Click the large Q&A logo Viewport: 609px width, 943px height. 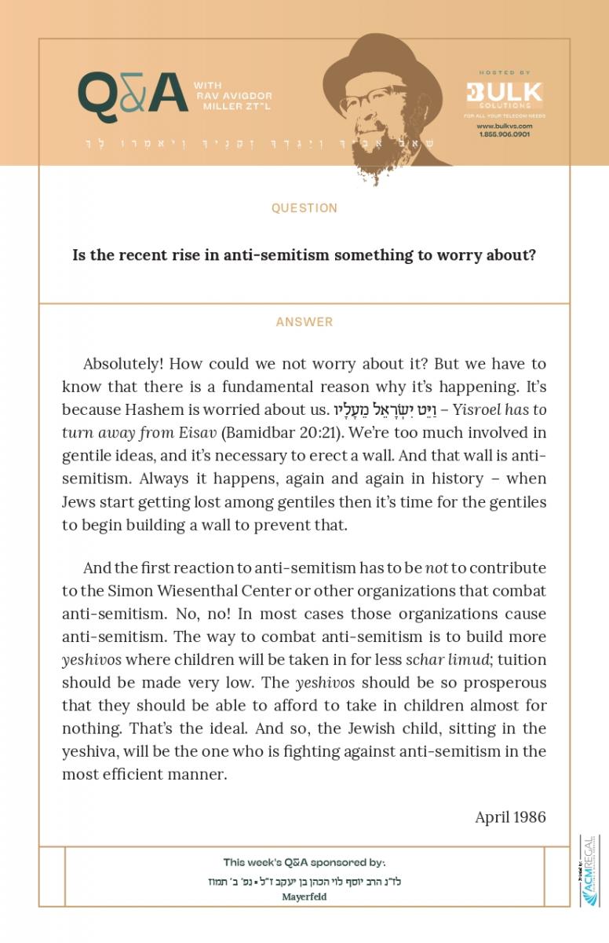[133, 94]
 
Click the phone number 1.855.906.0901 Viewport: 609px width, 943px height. [504, 134]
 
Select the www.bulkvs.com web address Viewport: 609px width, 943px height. [504, 126]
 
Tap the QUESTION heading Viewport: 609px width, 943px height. [304, 208]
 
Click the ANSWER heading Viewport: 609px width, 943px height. [304, 322]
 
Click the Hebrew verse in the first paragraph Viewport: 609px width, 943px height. [381, 409]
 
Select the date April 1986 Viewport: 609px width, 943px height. [510, 816]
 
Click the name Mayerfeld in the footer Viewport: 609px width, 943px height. [304, 897]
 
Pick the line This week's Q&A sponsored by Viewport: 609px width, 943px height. [304, 862]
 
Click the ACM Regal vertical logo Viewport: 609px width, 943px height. [588, 871]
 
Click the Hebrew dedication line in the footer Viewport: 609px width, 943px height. [304, 882]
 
